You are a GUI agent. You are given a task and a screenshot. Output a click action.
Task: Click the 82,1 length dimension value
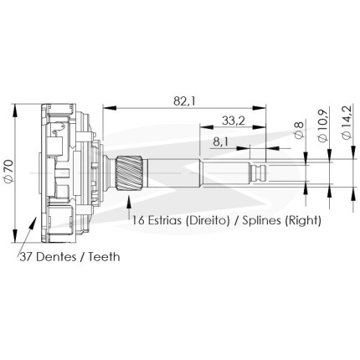tap(184, 101)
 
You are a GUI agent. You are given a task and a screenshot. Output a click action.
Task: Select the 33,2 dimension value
tap(234, 121)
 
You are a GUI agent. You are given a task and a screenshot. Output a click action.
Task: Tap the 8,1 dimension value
tap(220, 142)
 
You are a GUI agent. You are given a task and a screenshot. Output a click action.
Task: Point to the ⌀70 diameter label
tap(8, 172)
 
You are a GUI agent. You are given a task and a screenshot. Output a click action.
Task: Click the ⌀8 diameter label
tap(299, 130)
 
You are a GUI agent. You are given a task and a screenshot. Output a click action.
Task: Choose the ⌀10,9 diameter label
tap(323, 125)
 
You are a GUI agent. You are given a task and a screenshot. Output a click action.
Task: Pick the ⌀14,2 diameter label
tap(347, 121)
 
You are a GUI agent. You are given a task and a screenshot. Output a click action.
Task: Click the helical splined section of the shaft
tap(130, 173)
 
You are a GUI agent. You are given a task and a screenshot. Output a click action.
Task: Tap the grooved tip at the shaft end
tap(258, 173)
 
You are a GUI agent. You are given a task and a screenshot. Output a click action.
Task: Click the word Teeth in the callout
tap(105, 256)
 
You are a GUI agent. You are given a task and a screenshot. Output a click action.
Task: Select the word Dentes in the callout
tap(56, 256)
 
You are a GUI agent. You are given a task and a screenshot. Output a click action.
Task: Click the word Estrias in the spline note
tap(165, 220)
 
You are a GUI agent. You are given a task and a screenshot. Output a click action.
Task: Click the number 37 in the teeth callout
tap(26, 256)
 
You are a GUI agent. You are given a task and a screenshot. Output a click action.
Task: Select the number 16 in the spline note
tap(138, 220)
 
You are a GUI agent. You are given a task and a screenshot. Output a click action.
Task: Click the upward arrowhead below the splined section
tap(129, 202)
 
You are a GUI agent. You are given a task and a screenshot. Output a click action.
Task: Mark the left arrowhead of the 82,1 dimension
tap(109, 108)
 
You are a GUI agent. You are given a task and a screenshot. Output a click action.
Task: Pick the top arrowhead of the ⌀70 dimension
tap(15, 111)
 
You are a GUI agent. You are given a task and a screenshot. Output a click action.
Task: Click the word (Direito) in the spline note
tap(208, 221)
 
